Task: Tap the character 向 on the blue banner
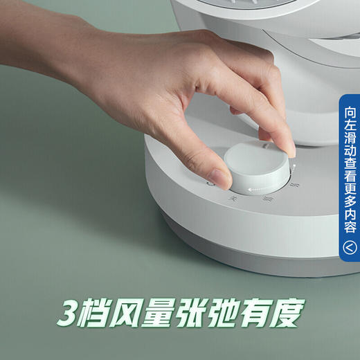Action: point(351,111)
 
